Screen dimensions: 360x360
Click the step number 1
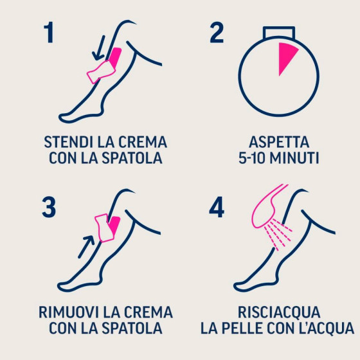point(50,32)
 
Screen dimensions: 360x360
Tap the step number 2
point(217,32)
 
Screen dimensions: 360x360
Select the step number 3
point(49,208)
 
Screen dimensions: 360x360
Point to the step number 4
point(217,208)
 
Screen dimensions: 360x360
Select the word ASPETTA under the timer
point(279,142)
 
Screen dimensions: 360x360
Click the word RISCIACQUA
point(279,312)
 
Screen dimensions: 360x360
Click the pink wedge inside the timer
point(286,55)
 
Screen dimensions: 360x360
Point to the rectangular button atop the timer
point(279,33)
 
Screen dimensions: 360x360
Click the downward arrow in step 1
point(99,48)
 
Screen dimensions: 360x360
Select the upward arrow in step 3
point(86,247)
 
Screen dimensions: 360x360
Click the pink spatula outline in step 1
point(101,71)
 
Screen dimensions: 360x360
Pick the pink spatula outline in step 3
point(104,228)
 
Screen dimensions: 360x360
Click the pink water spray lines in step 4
point(278,234)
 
